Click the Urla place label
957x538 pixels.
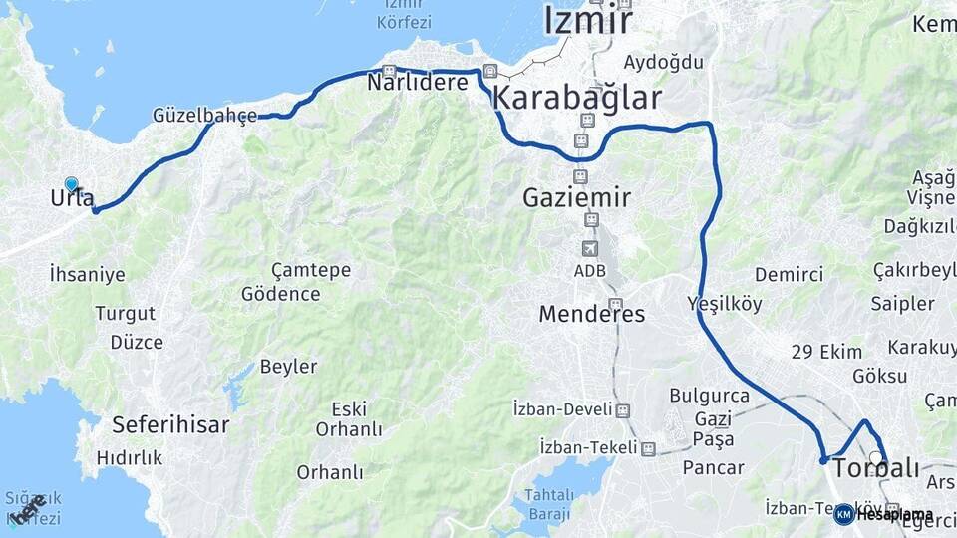coord(72,198)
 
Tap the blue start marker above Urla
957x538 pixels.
coord(72,184)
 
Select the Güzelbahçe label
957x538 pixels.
coord(204,115)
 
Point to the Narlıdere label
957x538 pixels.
coord(417,83)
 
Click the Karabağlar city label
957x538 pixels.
coord(577,98)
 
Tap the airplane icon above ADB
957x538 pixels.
coord(590,247)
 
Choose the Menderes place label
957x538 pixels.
coord(591,315)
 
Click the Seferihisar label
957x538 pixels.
coord(170,425)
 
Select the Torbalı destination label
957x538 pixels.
coord(875,468)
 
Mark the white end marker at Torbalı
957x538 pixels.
coord(876,459)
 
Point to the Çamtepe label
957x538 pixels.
coord(311,270)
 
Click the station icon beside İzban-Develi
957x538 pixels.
coord(623,410)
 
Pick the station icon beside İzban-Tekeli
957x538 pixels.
coord(648,449)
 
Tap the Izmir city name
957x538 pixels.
coord(587,21)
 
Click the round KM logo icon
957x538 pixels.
coord(844,514)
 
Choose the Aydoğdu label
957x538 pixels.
coord(663,62)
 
